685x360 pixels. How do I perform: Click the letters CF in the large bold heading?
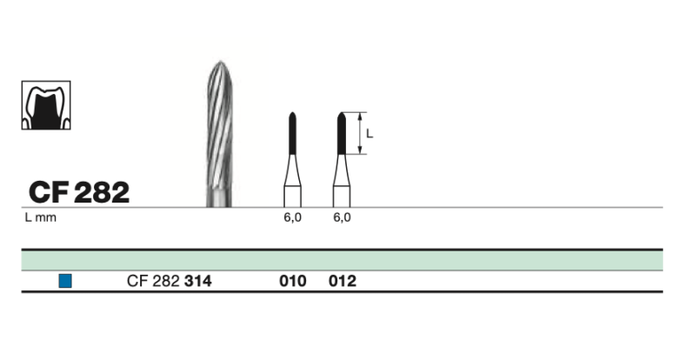click(47, 192)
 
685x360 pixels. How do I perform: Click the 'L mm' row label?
click(40, 218)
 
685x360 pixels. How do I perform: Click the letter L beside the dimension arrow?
click(369, 133)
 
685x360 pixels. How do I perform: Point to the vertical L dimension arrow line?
click(358, 133)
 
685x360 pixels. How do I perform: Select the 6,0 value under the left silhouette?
click(293, 218)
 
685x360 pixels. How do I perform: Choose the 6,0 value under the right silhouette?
click(342, 218)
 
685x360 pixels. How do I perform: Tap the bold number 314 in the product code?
click(198, 281)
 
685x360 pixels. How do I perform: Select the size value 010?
click(293, 281)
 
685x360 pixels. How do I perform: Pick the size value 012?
click(342, 281)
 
